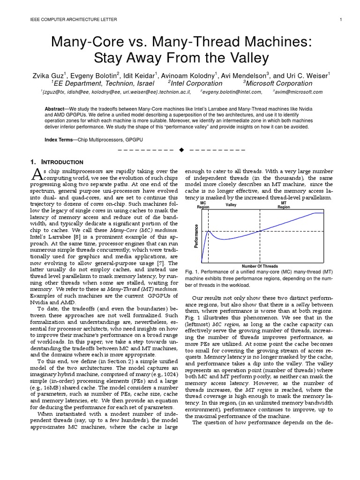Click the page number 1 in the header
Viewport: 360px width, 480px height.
click(341, 19)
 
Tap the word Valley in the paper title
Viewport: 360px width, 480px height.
click(244, 59)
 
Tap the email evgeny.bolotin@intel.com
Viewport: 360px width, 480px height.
click(232, 92)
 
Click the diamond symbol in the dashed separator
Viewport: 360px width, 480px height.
click(182, 150)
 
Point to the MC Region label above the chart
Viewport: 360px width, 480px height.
click(203, 205)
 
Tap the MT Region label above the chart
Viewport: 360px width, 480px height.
click(284, 205)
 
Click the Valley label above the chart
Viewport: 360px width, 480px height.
click(231, 205)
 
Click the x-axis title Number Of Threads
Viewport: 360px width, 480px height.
click(260, 266)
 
